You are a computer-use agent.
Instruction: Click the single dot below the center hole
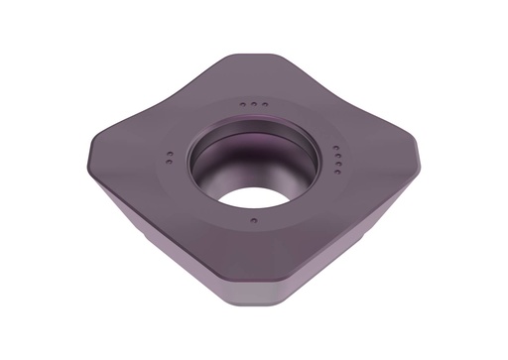pyautogui.click(x=254, y=219)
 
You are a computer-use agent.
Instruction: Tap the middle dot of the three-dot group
pyautogui.click(x=255, y=104)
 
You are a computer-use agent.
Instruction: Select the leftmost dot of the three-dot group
pyautogui.click(x=244, y=103)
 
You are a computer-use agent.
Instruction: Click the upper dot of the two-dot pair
pyautogui.click(x=170, y=155)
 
